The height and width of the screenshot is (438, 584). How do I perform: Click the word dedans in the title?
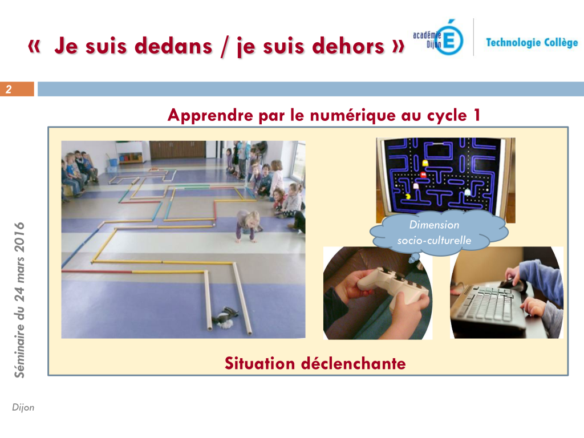[x=173, y=46]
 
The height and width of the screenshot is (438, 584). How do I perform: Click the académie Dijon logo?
[x=439, y=37]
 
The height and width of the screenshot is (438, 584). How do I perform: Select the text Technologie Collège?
[x=532, y=42]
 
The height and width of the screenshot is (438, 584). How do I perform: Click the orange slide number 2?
[x=9, y=90]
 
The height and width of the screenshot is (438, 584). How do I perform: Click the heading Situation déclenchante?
[x=315, y=363]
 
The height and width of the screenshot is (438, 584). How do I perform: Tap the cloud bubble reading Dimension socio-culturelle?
[x=439, y=233]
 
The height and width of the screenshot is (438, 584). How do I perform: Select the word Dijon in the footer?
[x=23, y=407]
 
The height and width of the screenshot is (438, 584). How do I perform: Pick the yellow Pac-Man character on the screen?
[x=408, y=196]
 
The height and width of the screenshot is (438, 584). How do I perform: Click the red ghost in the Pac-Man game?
[x=423, y=175]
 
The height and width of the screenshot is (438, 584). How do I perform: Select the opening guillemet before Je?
[x=34, y=47]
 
